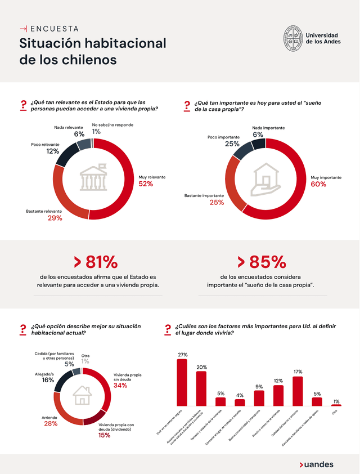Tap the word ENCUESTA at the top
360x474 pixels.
click(x=54, y=28)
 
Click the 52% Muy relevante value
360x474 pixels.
click(x=146, y=184)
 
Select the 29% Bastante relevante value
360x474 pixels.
click(x=55, y=218)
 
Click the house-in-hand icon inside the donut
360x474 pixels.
click(x=266, y=179)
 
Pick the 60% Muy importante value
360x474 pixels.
click(x=318, y=184)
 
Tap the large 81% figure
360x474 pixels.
click(x=96, y=262)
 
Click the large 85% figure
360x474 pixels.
click(x=262, y=262)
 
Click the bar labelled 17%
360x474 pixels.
click(x=298, y=391)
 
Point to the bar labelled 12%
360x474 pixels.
click(x=278, y=395)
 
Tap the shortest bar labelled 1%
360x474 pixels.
click(x=336, y=405)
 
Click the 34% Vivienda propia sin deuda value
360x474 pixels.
click(x=120, y=386)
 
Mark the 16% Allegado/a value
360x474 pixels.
click(x=47, y=381)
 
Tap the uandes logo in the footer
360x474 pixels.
click(x=316, y=464)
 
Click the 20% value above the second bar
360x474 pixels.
click(x=201, y=367)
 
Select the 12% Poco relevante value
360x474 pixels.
click(x=52, y=151)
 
